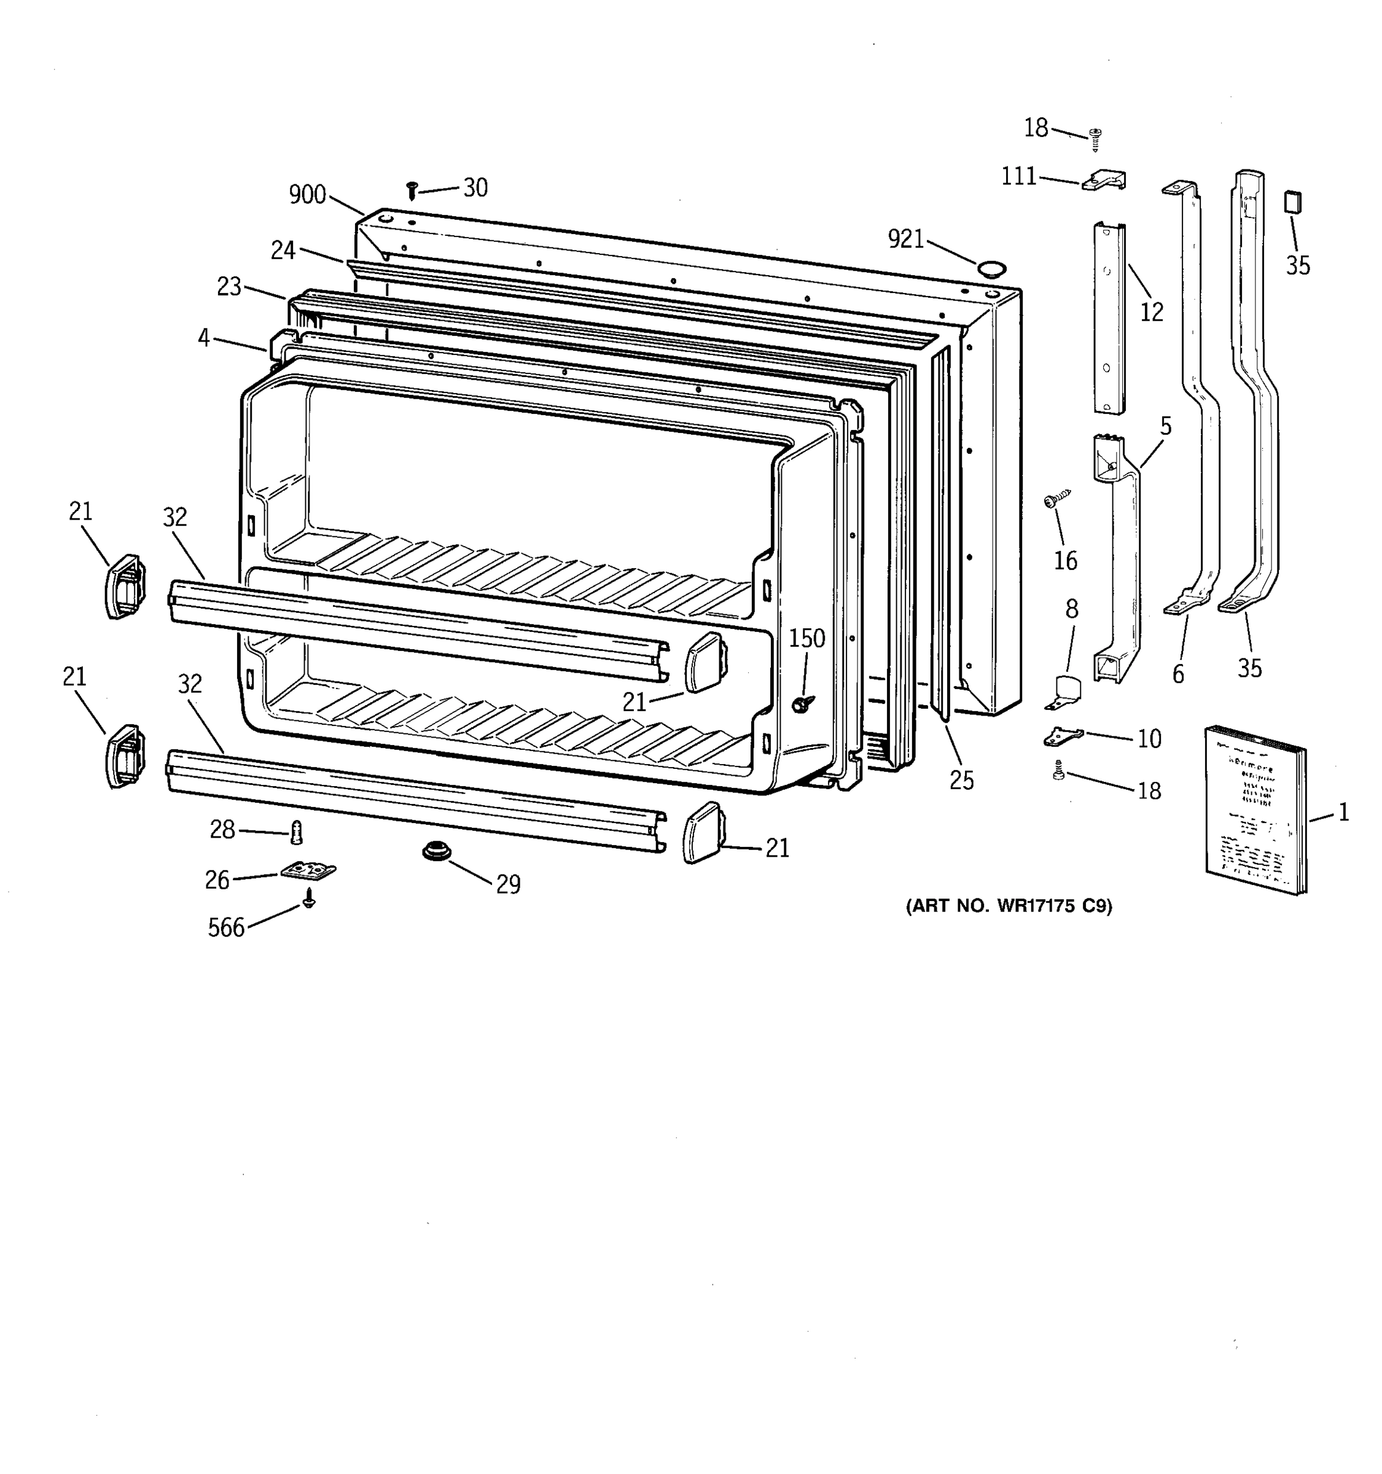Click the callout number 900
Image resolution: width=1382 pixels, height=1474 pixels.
(307, 195)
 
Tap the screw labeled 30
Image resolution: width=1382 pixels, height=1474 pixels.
(412, 190)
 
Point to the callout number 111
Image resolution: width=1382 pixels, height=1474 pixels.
(1019, 176)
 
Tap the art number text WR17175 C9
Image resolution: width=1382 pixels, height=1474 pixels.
(1009, 906)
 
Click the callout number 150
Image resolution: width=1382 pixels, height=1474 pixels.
(806, 638)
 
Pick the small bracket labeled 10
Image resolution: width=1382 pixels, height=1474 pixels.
(1063, 737)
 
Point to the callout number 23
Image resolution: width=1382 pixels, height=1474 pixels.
(229, 286)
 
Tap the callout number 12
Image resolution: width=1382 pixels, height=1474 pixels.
(1152, 312)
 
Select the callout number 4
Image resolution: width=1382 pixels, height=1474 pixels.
(204, 338)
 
